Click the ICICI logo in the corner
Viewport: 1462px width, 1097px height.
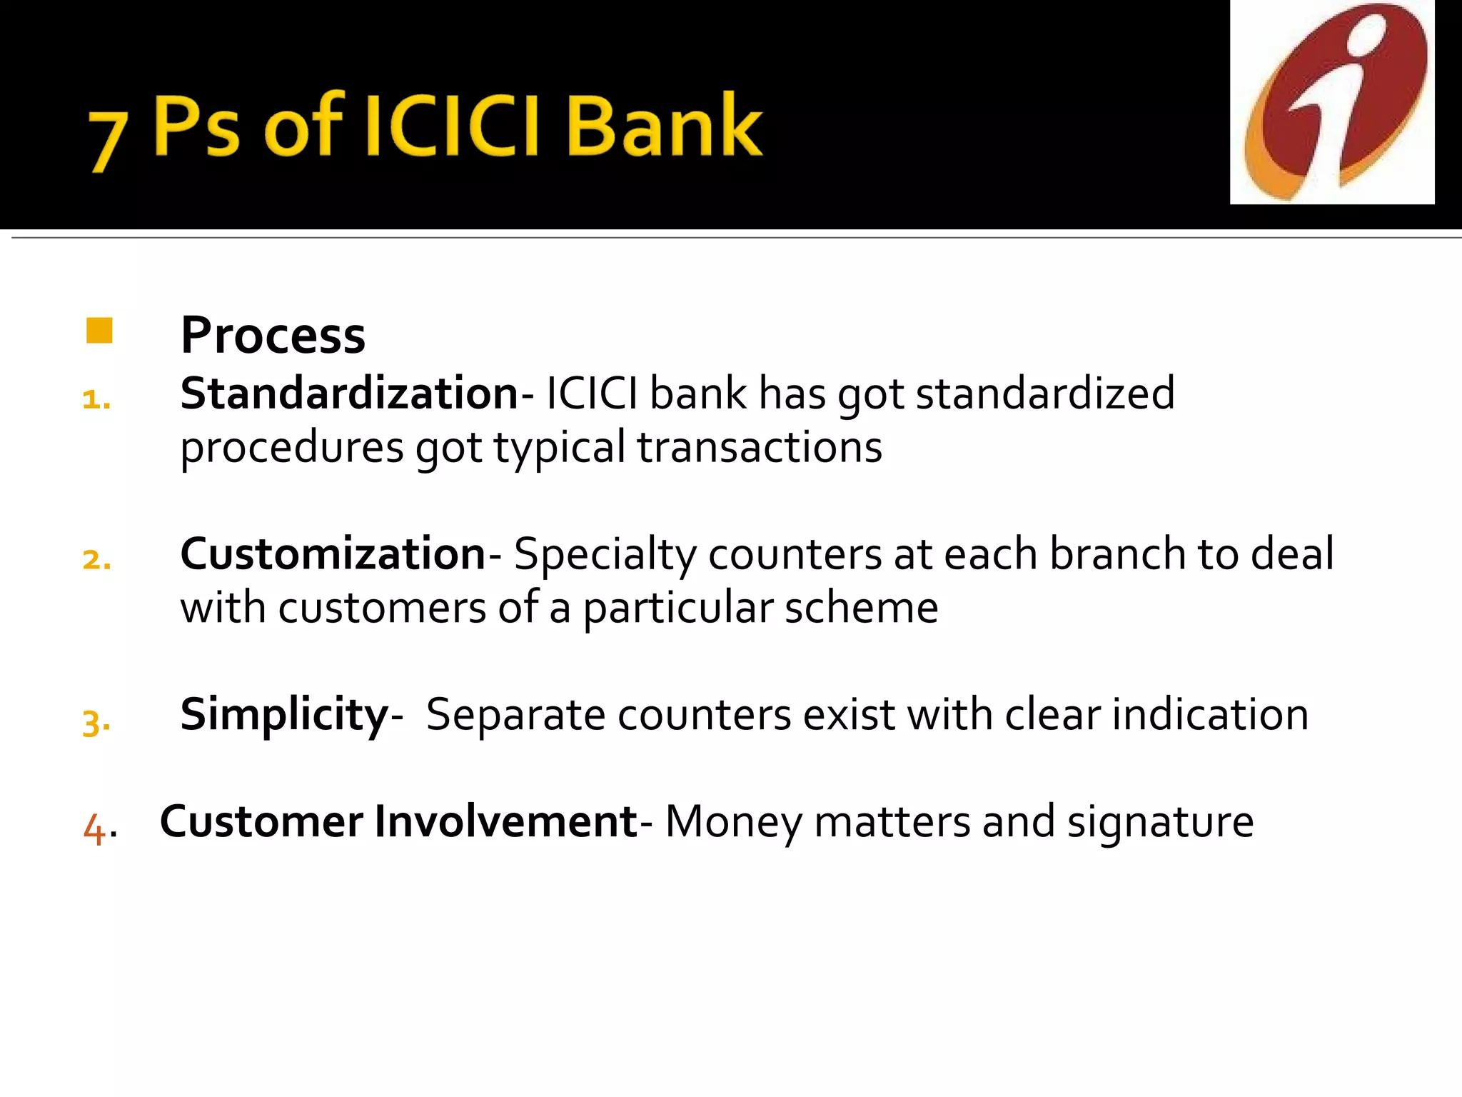(x=1332, y=102)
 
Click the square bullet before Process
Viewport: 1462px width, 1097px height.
(x=99, y=331)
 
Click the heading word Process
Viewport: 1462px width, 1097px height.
(x=273, y=335)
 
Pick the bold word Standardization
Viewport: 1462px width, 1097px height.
(x=348, y=394)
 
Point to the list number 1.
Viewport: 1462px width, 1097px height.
(x=96, y=400)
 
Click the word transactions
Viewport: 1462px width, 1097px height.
(x=760, y=448)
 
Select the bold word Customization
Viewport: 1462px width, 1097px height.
(x=333, y=554)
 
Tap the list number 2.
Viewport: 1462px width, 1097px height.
(x=96, y=560)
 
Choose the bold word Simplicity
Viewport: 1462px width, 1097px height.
(x=284, y=715)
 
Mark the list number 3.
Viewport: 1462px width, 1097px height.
(x=96, y=722)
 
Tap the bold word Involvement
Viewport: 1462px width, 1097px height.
(x=505, y=822)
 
